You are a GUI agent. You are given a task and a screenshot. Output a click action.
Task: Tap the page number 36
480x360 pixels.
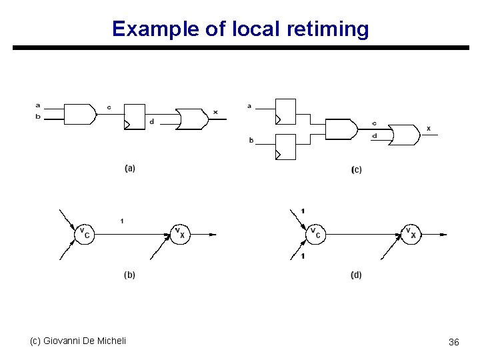tap(453, 342)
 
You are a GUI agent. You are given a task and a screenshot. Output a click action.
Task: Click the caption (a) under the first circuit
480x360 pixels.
tap(129, 168)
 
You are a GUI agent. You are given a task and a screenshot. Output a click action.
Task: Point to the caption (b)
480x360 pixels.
tap(129, 275)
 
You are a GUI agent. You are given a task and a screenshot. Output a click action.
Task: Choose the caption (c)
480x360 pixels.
tap(356, 170)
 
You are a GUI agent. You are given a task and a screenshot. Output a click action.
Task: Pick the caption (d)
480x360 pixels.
tap(356, 275)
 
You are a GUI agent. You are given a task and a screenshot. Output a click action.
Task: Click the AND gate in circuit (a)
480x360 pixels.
tap(79, 115)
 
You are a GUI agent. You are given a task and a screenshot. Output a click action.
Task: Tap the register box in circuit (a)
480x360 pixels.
tap(134, 117)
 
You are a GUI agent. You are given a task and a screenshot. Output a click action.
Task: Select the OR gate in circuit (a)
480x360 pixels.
tap(191, 119)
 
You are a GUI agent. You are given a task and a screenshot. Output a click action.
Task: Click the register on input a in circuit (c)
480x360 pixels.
tap(285, 111)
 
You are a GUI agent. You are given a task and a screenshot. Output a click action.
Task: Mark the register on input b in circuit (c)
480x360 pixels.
tap(285, 147)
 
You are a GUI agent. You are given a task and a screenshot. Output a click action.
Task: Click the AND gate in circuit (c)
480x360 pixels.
tap(339, 129)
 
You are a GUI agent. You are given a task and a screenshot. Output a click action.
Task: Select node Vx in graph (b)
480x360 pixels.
tap(179, 234)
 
